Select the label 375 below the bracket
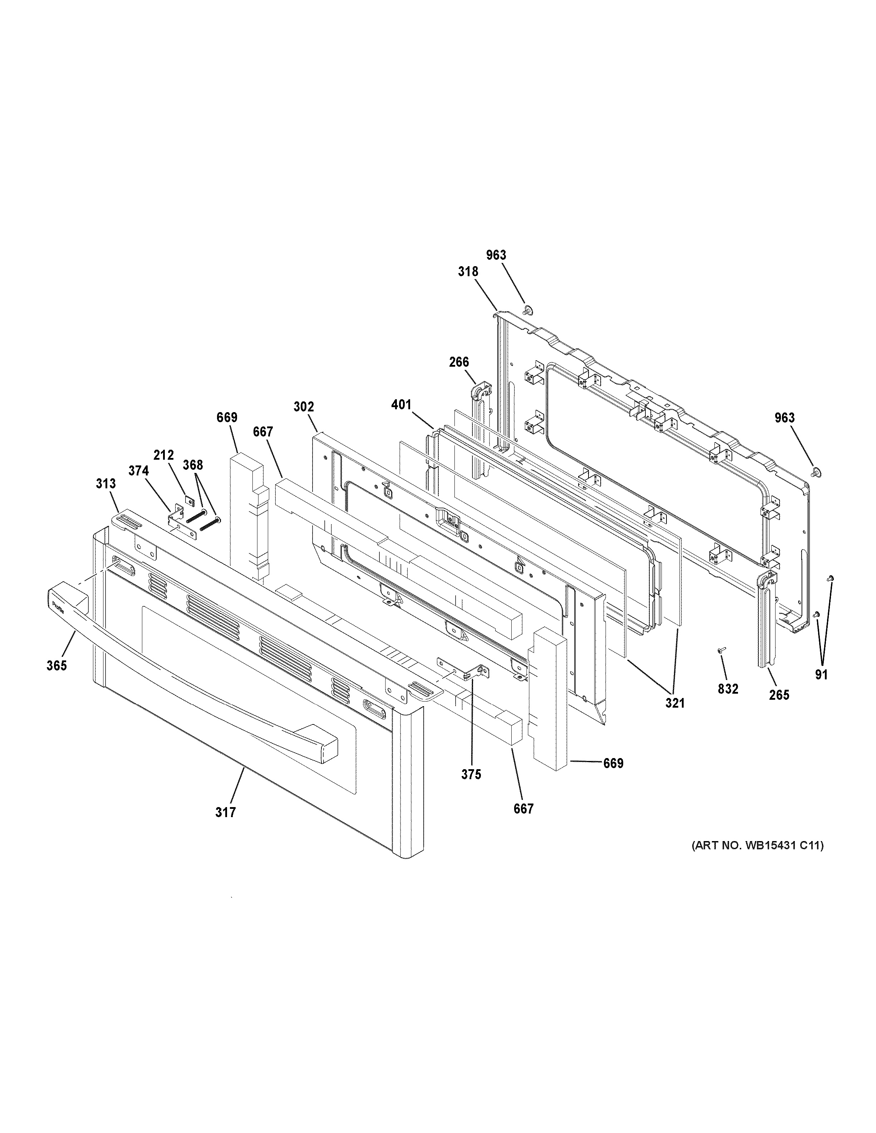471,789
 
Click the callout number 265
779,695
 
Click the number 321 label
675,703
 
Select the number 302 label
304,407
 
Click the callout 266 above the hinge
459,362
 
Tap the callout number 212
163,455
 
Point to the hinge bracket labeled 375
469,671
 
